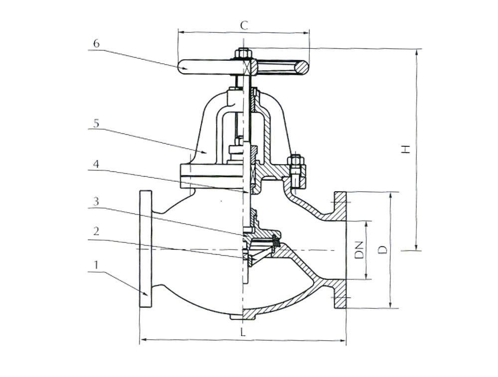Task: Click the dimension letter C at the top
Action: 244,25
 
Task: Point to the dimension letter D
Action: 383,250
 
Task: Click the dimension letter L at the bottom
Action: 243,332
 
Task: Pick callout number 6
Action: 96,43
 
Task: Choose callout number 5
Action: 96,123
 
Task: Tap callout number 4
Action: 96,164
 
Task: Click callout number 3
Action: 96,201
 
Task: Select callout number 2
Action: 96,231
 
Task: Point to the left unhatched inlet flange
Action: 146,249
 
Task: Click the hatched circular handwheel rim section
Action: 301,67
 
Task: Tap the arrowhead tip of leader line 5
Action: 207,153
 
